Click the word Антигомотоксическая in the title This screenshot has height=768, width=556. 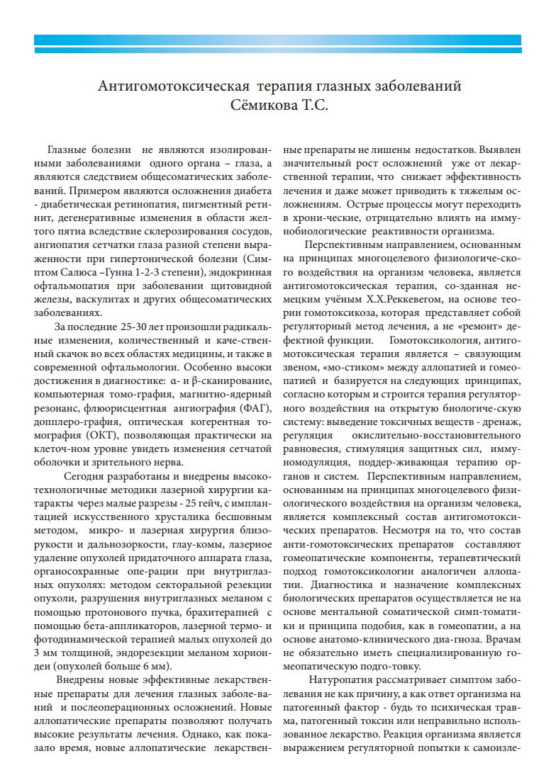173,87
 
